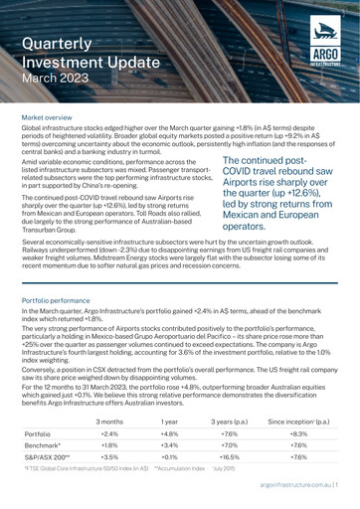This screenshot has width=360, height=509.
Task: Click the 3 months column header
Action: [145, 394]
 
